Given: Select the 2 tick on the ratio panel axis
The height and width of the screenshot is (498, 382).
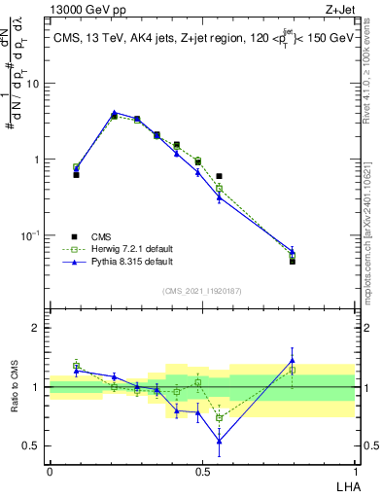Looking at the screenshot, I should tap(38, 328).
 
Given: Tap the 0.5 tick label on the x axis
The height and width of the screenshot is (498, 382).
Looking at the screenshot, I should tap(202, 471).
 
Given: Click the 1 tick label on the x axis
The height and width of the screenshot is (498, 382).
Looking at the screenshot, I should tap(355, 471).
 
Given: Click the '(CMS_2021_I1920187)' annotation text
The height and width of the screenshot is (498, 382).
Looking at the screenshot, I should tap(202, 289).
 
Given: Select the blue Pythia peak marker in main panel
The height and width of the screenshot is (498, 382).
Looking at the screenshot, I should tap(114, 113).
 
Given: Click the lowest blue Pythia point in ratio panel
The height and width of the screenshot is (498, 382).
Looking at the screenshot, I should tap(219, 441).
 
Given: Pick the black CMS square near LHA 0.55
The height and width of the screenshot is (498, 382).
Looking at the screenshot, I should tap(219, 176).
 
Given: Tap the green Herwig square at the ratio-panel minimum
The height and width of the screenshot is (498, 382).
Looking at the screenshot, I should tap(219, 418).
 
